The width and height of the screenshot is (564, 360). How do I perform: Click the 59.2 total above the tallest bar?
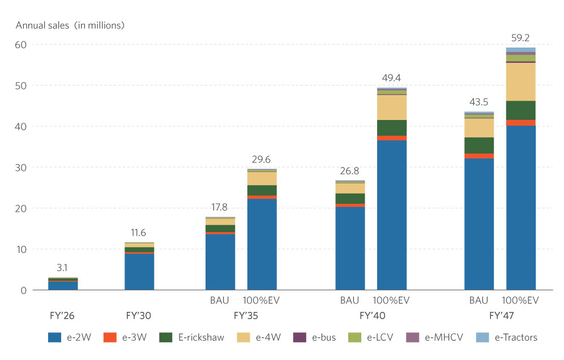520,38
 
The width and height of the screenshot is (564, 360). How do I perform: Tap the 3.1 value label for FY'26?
62,268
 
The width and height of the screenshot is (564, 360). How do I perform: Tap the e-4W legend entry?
255,337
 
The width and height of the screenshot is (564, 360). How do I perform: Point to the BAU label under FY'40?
349,300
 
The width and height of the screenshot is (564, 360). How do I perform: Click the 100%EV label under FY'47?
521,300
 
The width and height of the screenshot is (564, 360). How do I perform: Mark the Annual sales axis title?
70,25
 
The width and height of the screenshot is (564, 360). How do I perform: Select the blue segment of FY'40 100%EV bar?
392,215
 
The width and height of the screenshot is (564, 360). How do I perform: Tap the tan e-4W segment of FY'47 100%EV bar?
521,82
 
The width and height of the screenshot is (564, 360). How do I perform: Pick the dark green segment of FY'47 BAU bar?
479,145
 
